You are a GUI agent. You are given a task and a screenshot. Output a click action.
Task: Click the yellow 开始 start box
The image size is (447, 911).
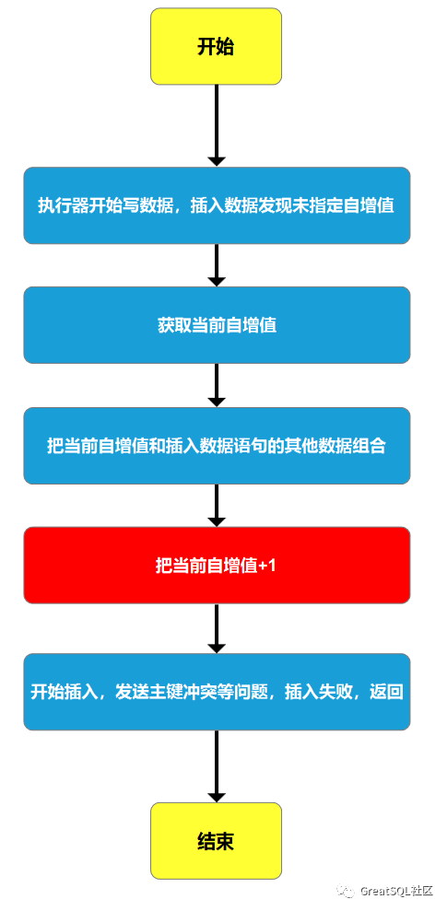pos(216,47)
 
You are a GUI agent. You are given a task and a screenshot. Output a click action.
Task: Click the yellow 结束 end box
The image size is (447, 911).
pos(216,840)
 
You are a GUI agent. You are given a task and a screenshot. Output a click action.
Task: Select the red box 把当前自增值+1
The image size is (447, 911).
pos(216,566)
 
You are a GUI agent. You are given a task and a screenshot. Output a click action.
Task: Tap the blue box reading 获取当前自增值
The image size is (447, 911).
pos(216,325)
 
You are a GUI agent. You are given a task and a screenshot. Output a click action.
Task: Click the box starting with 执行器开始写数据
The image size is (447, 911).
pos(216,205)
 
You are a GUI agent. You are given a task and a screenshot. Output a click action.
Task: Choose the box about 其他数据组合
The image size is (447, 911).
pos(216,446)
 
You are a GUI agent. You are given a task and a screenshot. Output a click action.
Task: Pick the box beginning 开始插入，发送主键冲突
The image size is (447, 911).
pos(216,692)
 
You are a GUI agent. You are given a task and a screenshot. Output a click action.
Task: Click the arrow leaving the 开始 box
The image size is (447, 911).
pos(216,125)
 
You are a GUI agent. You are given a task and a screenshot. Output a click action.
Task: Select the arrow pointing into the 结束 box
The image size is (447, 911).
pos(216,766)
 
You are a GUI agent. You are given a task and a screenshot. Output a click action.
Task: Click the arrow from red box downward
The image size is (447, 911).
pos(216,628)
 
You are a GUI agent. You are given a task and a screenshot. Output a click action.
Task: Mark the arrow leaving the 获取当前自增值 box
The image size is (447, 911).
pos(216,385)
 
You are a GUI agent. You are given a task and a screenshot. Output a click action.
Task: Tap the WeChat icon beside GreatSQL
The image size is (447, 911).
pos(346,891)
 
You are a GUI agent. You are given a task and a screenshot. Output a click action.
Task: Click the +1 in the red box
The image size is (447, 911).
pos(268,566)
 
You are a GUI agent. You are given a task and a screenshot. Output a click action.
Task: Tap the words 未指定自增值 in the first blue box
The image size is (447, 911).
pos(350,205)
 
